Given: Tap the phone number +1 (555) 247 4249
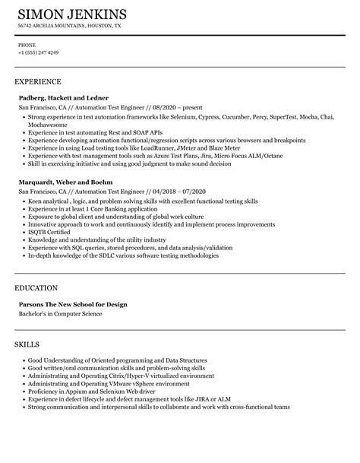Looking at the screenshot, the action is pyautogui.click(x=38, y=53).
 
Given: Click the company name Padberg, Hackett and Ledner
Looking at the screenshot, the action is pyautogui.click(x=63, y=98).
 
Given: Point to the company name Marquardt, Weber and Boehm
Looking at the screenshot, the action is pyautogui.click(x=65, y=182).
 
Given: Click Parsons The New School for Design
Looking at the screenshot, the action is pyautogui.click(x=73, y=283).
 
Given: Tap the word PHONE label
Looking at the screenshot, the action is pyautogui.click(x=27, y=44).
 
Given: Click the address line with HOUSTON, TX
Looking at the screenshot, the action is pyautogui.click(x=69, y=26).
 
